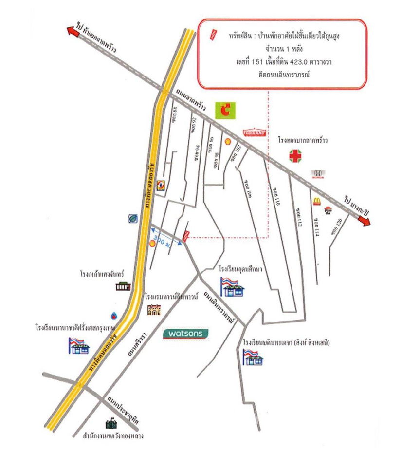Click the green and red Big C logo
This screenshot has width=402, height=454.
[x=225, y=110]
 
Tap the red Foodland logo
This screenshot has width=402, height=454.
[x=254, y=132]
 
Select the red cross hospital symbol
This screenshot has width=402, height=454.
[x=295, y=156]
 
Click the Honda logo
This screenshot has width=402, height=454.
[x=318, y=174]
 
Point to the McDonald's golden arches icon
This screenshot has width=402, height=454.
[x=316, y=200]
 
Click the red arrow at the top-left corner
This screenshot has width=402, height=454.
[x=74, y=31]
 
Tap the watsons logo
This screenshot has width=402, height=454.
[x=185, y=334]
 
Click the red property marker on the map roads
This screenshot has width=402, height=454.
[x=185, y=235]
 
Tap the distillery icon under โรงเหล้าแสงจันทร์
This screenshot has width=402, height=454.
[x=123, y=286]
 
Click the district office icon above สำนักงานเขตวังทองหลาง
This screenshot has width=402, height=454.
[x=110, y=424]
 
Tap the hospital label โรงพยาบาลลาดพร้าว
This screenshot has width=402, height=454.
[x=302, y=140]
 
